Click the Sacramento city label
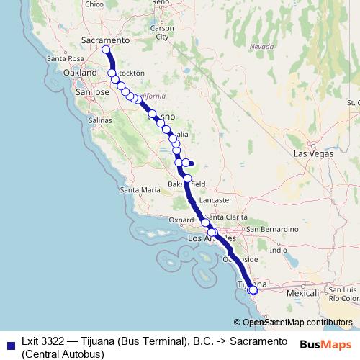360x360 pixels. pyautogui.click(x=105, y=40)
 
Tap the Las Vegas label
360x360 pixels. pyautogui.click(x=313, y=154)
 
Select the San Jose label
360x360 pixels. pyautogui.click(x=92, y=92)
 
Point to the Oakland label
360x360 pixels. pyautogui.click(x=79, y=73)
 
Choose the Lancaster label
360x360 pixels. pyautogui.click(x=216, y=199)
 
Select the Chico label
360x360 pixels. pyautogui.click(x=94, y=4)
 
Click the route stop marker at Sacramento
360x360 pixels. pyautogui.click(x=106, y=50)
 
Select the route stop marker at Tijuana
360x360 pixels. pyautogui.click(x=252, y=290)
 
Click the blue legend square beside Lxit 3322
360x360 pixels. pyautogui.click(x=9, y=345)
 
